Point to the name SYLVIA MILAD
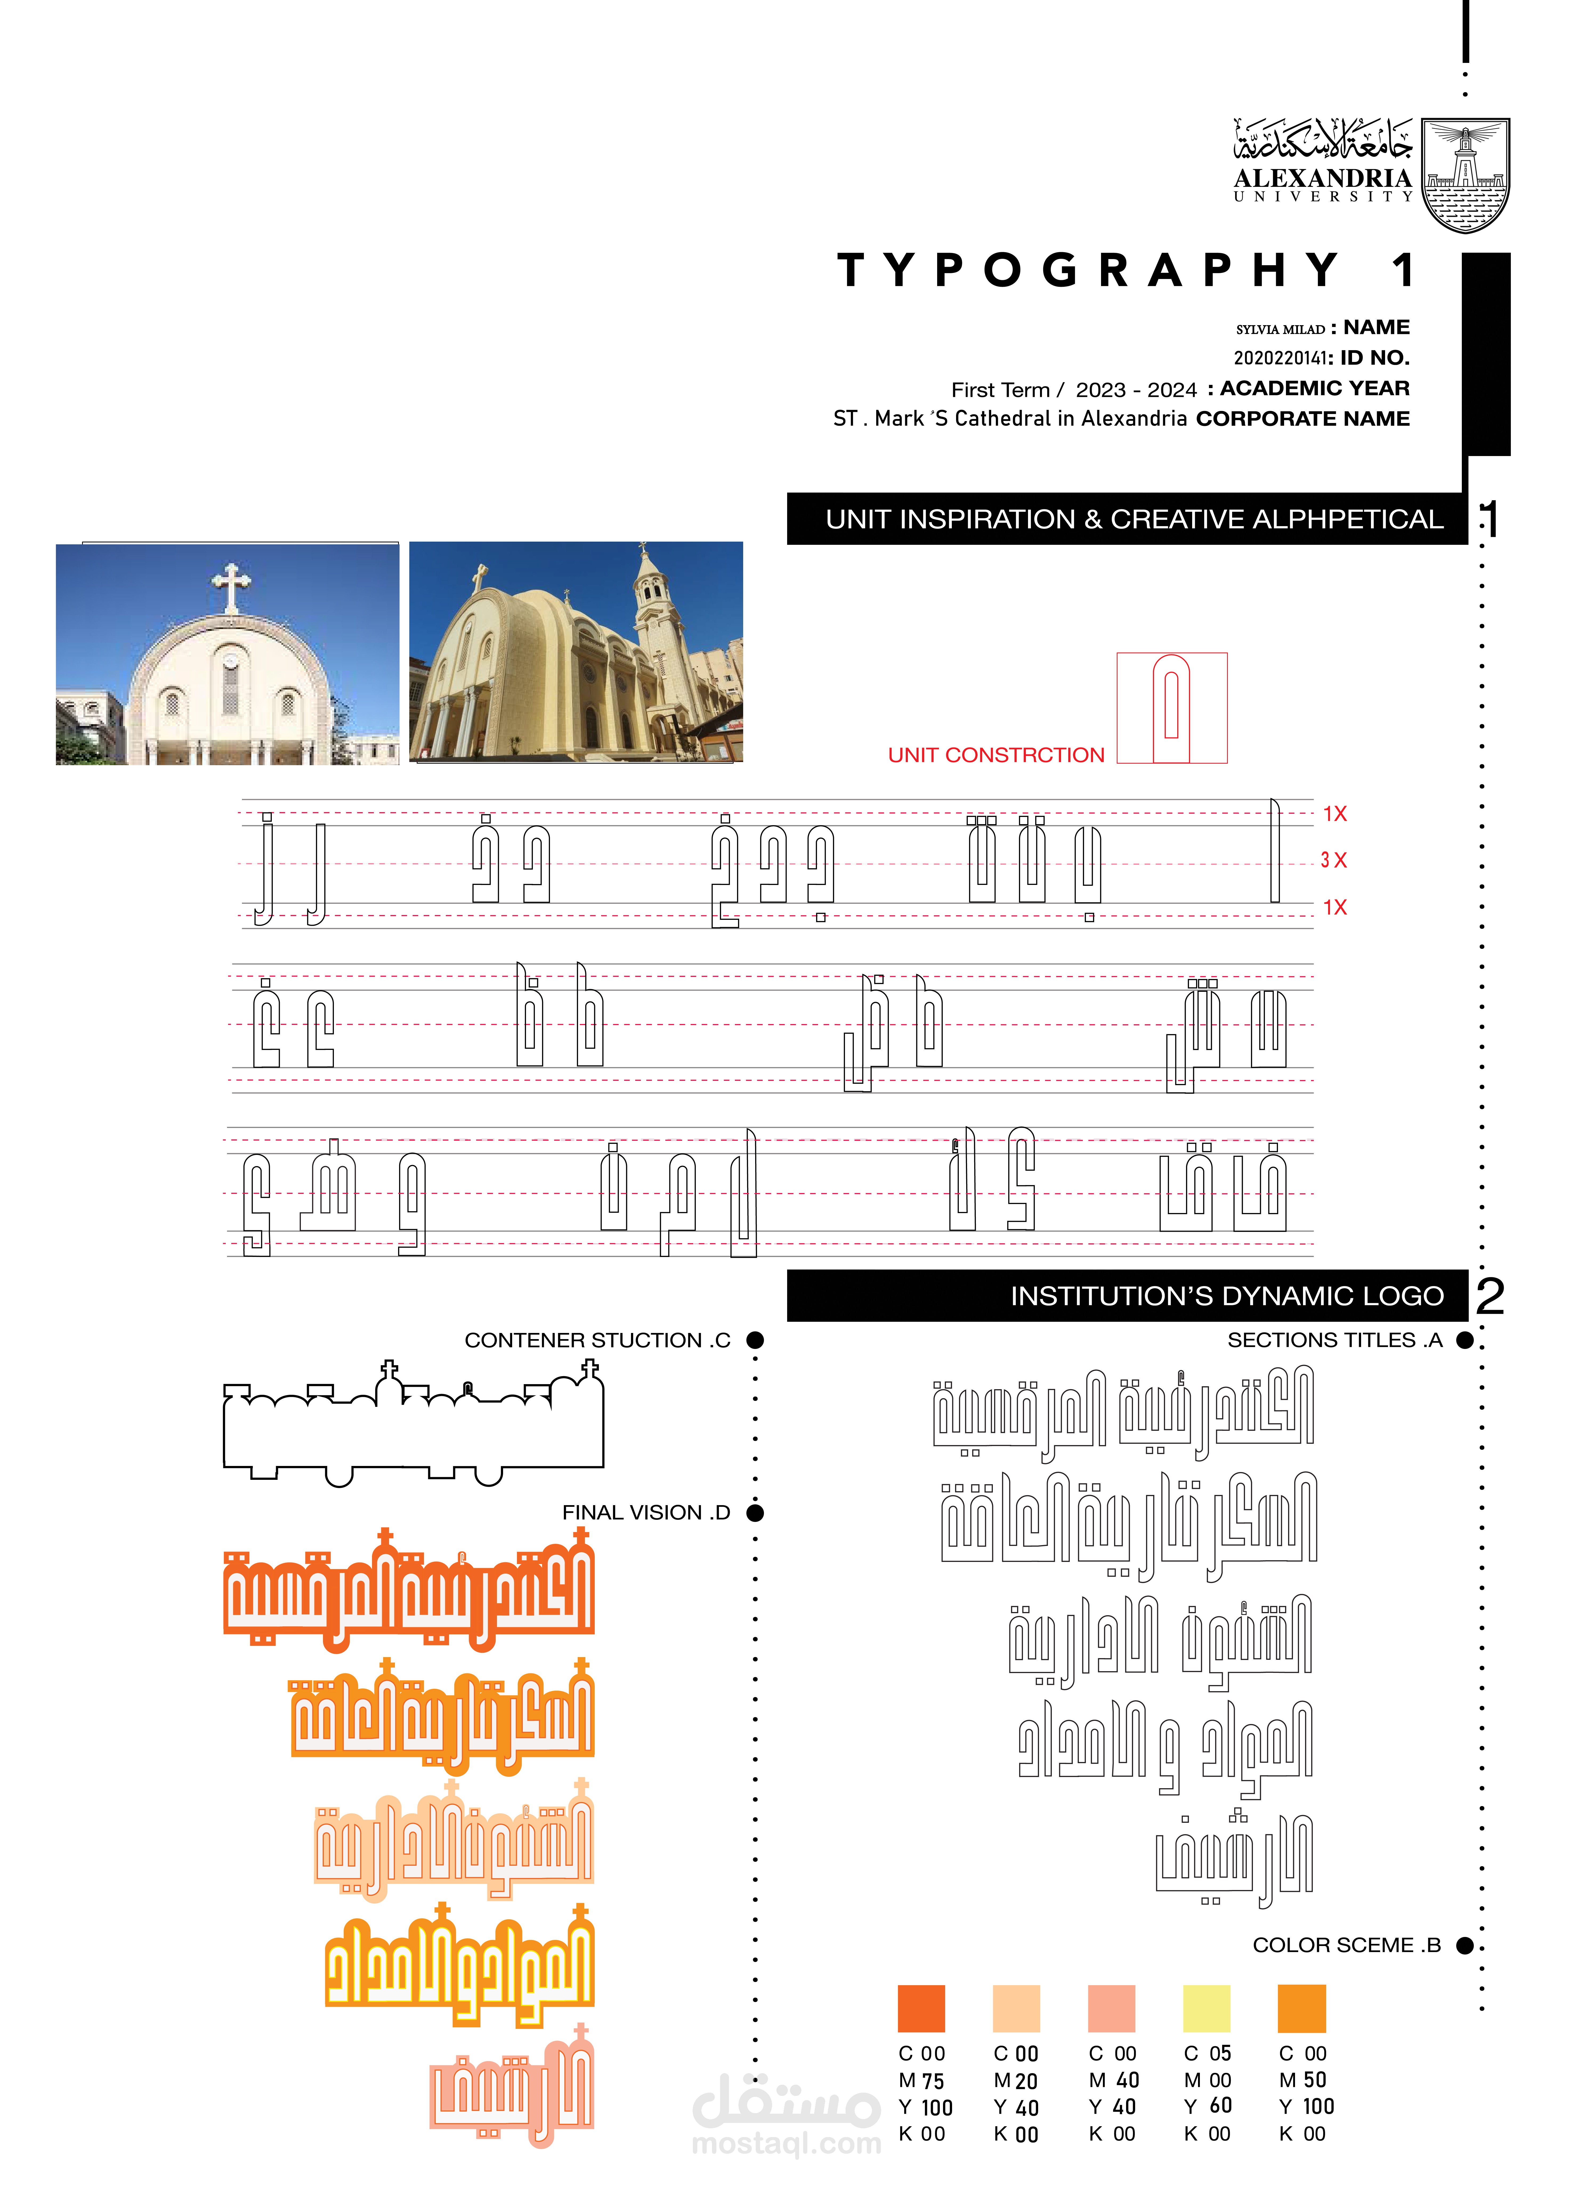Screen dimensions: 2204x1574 point(1279,329)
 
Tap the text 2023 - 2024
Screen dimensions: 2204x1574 point(1136,390)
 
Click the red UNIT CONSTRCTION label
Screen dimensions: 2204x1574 point(996,755)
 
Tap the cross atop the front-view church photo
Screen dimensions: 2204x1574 point(231,587)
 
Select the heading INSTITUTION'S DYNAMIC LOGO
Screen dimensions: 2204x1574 point(1226,1296)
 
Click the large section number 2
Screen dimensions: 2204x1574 point(1490,1296)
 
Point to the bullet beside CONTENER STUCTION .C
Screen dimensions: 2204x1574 point(755,1340)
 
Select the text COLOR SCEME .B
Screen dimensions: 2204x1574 point(1346,1945)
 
